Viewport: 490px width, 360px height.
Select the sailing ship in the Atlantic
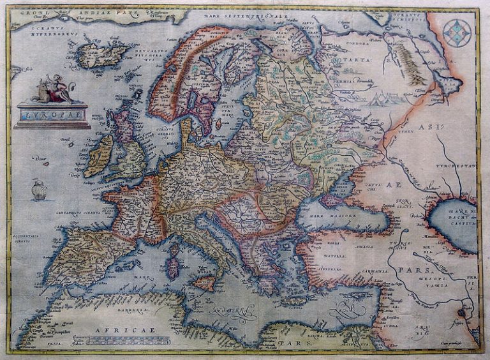click(x=39, y=190)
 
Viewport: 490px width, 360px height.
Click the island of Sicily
click(x=205, y=283)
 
